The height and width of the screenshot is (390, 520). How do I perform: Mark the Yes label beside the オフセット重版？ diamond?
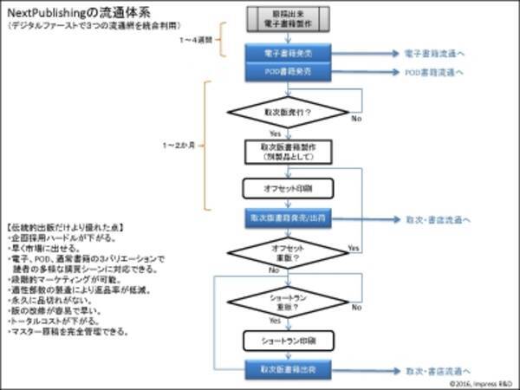(353, 248)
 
